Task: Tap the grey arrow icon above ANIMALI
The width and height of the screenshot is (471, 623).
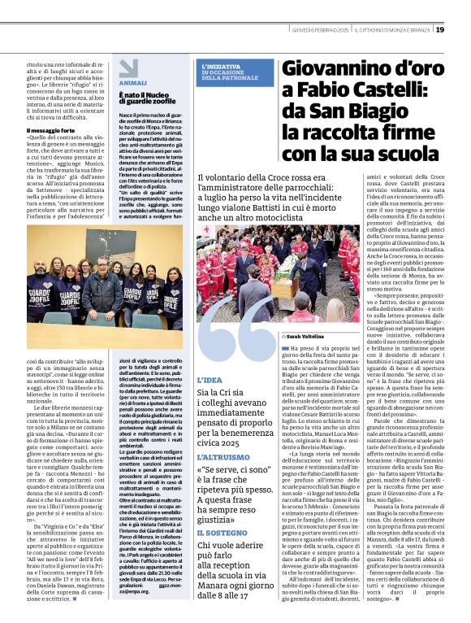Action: coord(128,68)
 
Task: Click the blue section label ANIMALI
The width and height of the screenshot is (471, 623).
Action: coord(132,83)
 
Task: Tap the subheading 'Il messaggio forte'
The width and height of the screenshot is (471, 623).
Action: coord(52,130)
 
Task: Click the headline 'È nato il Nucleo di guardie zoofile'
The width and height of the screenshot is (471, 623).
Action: coord(148,100)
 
